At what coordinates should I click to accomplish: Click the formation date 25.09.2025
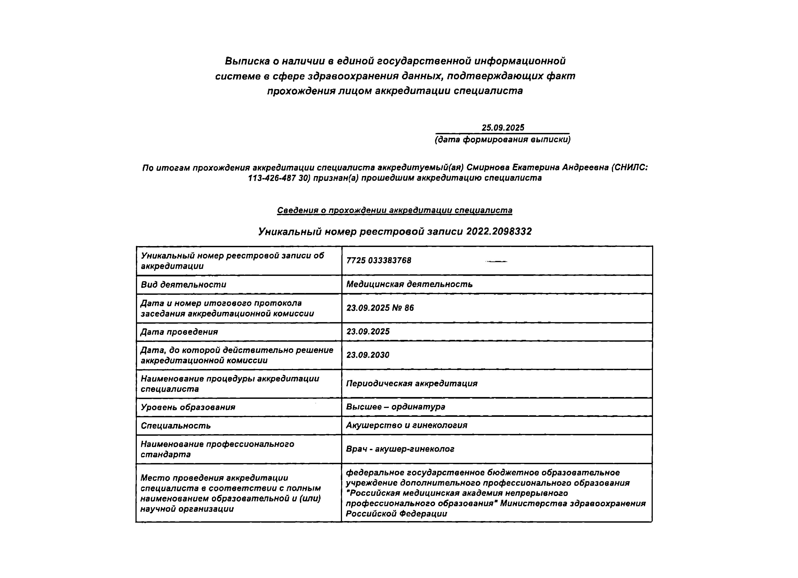pos(503,128)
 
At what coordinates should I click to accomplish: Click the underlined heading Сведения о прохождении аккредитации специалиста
pos(394,211)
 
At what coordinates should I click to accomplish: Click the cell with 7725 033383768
pos(379,261)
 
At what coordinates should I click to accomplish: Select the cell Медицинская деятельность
pos(409,284)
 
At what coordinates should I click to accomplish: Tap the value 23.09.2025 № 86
pos(380,308)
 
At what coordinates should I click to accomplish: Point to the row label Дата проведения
pos(179,332)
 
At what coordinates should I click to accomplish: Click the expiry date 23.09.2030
pos(368,355)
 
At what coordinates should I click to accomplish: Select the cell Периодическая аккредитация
pos(412,383)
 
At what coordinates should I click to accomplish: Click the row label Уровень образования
pos(188,407)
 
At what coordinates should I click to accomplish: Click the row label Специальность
pos(176,426)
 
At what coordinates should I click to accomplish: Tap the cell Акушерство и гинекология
pos(406,425)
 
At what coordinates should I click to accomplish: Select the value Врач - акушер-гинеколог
pos(400,449)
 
